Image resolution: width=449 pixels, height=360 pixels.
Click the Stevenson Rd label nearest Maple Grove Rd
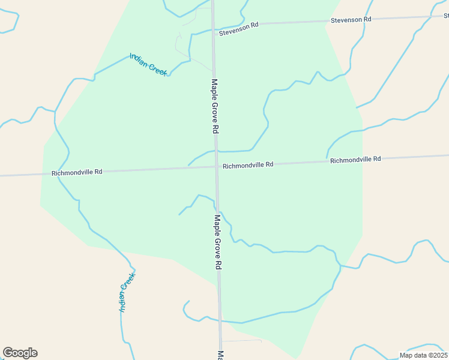[x=238, y=29]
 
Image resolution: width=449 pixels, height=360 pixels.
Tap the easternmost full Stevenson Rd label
[x=351, y=20]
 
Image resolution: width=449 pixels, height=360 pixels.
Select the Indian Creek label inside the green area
[x=148, y=64]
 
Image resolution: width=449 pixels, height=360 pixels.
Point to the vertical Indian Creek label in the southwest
[x=127, y=292]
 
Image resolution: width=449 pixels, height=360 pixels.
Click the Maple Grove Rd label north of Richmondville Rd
[x=215, y=106]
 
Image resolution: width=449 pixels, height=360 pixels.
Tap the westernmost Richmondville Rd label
[x=77, y=172]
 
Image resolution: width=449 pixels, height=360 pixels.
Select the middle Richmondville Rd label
[x=248, y=165]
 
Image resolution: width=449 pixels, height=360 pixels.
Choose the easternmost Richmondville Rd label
[x=355, y=160]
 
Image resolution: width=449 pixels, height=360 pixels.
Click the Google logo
[x=20, y=353]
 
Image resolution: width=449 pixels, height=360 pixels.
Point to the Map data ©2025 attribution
[x=423, y=355]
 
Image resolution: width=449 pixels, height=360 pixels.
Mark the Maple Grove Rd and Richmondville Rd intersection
[x=217, y=168]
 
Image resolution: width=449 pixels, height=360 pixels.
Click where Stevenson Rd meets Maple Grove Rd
[x=213, y=28]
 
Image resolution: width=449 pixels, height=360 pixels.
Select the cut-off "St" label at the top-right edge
[x=445, y=16]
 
